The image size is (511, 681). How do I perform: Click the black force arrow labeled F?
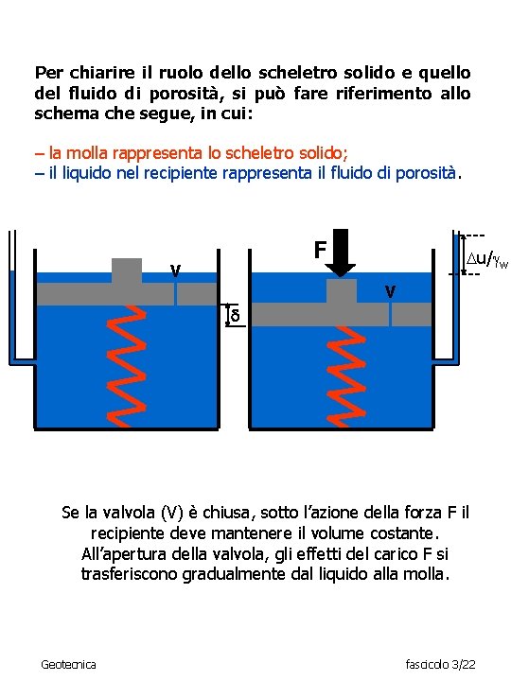tap(344, 253)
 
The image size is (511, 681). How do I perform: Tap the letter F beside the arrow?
tap(321, 251)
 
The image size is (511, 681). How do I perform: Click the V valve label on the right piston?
tap(389, 290)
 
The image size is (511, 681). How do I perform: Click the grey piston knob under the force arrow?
tap(342, 291)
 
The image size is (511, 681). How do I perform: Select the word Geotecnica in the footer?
tap(68, 665)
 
